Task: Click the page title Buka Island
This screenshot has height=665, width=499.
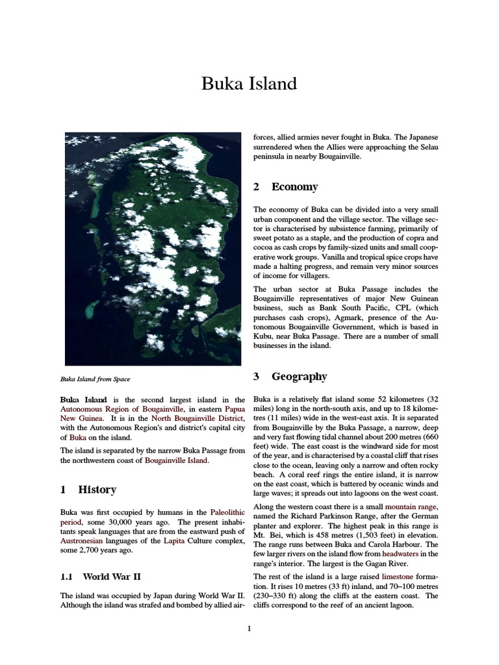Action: (x=249, y=84)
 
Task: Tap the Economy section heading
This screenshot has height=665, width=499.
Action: (x=294, y=187)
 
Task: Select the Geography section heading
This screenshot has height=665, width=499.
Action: (x=299, y=377)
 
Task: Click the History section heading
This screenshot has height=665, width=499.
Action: (x=97, y=490)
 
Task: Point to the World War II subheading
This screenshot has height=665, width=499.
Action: (x=111, y=576)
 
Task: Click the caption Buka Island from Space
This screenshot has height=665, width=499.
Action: (x=97, y=379)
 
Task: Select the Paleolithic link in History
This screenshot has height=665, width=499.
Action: (x=227, y=512)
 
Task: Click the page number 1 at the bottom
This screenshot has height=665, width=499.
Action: (x=248, y=628)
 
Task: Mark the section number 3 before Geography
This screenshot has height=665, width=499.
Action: (x=256, y=377)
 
